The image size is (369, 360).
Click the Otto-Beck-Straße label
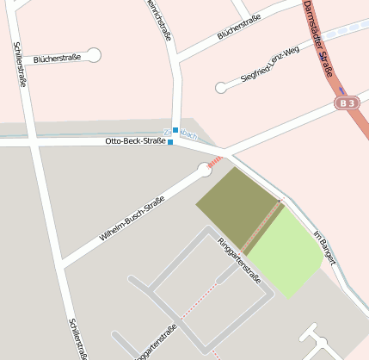135,140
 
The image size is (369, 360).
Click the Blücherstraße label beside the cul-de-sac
57,58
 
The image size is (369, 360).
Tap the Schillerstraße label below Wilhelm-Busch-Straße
77,338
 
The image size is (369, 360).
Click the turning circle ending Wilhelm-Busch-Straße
205,171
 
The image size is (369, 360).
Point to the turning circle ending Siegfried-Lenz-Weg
221,87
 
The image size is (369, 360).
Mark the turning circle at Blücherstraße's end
94,55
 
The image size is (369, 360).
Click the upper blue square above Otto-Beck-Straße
175,130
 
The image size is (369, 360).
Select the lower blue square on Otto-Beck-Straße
170,142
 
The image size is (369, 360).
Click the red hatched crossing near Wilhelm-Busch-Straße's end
215,160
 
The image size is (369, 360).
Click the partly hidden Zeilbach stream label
188,135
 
